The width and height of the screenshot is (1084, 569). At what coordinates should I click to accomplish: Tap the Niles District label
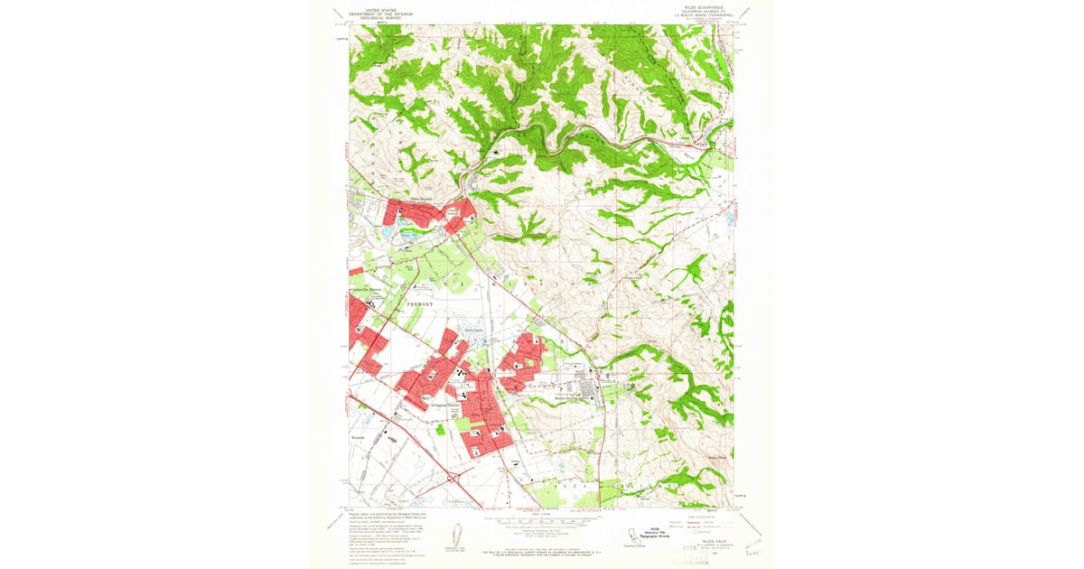tap(423, 201)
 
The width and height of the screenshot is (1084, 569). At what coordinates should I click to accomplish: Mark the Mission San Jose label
tap(575, 396)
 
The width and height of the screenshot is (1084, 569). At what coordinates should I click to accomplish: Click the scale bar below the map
tap(542, 521)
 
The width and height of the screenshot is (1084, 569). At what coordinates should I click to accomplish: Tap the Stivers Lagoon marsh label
tap(475, 331)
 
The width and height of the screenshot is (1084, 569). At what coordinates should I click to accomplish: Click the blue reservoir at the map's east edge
tap(729, 217)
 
